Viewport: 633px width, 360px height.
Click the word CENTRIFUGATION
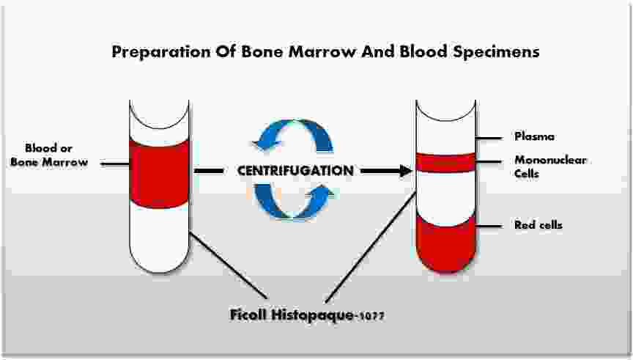click(295, 170)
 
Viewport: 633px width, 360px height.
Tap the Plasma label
click(533, 136)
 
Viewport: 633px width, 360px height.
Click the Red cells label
click(538, 225)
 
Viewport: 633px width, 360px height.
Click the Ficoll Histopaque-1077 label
click(306, 316)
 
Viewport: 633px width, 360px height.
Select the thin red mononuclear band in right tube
click(445, 162)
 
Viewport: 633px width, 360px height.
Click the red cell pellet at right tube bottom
click(445, 242)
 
